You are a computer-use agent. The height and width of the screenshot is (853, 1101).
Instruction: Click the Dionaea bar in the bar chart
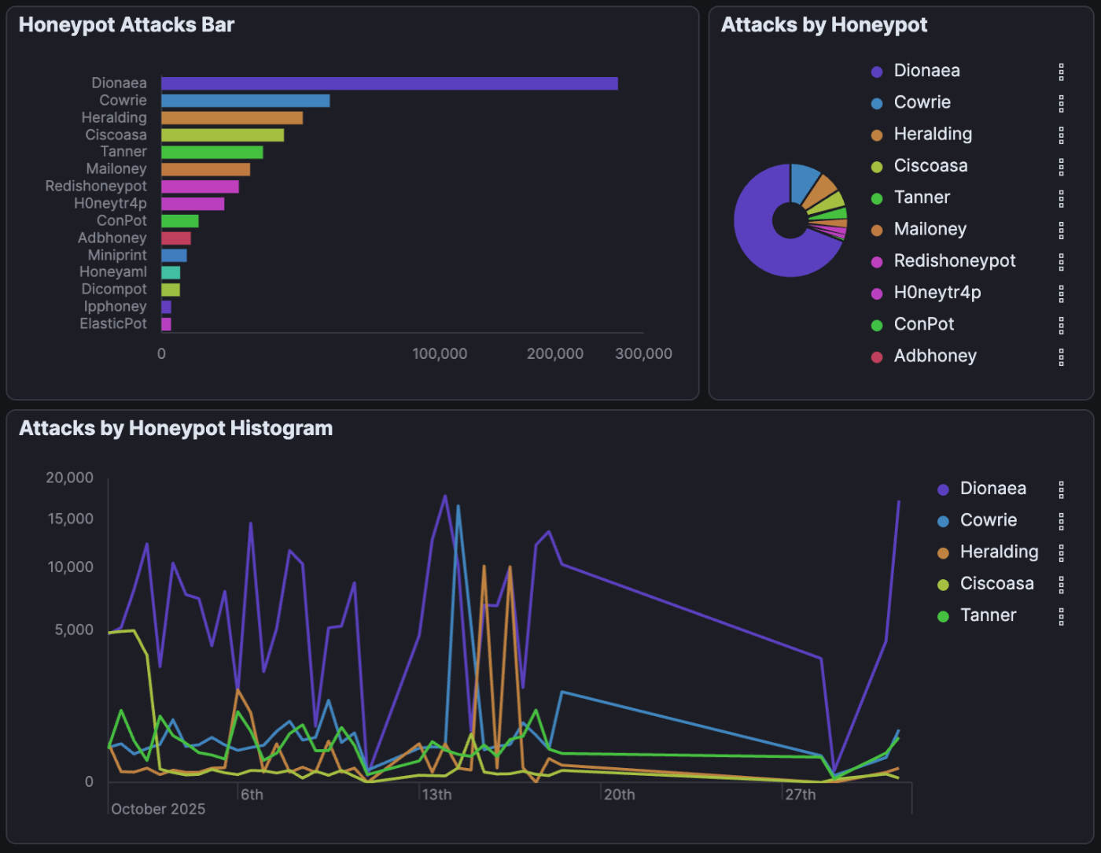[389, 83]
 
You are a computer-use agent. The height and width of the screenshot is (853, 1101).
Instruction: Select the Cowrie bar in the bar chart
[245, 101]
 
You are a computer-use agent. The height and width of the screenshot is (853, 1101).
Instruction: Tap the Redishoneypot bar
[200, 186]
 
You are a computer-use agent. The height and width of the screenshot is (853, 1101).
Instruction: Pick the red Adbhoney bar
[176, 238]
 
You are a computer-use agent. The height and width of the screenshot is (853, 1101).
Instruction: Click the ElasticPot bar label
[113, 323]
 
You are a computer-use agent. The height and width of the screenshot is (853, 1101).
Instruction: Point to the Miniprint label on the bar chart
[117, 255]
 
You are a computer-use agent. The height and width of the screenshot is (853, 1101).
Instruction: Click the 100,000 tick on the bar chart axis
[440, 354]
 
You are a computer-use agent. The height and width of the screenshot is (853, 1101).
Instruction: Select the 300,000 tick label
[643, 354]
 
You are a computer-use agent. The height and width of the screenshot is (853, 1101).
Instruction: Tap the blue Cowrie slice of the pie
[805, 180]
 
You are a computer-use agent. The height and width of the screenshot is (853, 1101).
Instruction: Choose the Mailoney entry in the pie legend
[930, 229]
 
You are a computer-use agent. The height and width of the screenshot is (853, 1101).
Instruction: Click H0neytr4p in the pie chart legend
[937, 293]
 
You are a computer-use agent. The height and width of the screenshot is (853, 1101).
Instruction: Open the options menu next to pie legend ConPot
[1061, 325]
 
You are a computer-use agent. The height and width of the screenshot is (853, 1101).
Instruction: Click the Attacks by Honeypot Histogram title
[175, 428]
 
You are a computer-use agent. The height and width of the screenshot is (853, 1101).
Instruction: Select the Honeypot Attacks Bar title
[127, 25]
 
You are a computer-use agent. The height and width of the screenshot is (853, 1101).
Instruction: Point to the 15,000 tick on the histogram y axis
[71, 519]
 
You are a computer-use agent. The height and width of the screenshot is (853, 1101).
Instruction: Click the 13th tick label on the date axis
[436, 795]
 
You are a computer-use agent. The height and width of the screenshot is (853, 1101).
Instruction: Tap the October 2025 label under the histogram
[158, 809]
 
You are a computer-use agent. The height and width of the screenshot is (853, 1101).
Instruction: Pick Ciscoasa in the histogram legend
[996, 584]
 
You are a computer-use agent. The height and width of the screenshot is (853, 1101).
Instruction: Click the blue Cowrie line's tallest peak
[458, 506]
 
